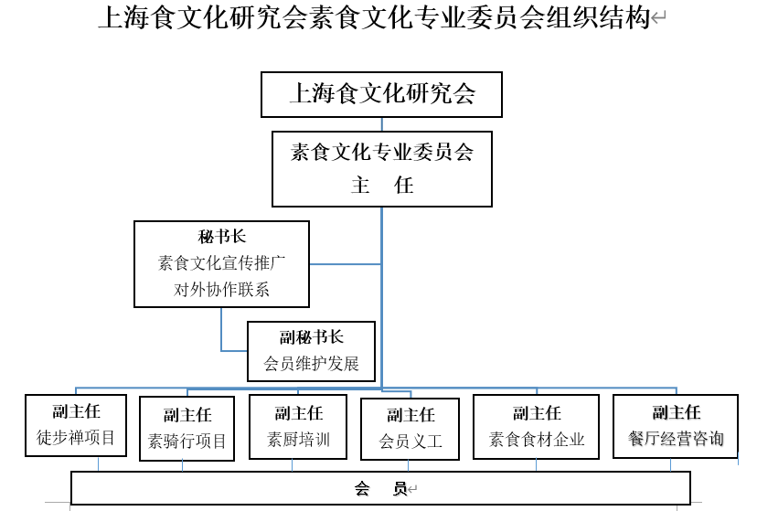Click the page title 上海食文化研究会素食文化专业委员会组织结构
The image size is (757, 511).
point(375,17)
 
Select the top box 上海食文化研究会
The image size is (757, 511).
point(381,94)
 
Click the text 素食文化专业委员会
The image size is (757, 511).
point(382,152)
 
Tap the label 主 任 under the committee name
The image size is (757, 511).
point(382,185)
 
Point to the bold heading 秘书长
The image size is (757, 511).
point(221,237)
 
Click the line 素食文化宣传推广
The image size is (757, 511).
point(221,263)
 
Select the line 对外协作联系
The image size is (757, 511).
point(221,290)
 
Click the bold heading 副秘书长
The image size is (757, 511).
point(312,336)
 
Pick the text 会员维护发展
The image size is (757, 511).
point(312,363)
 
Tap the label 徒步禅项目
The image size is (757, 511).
point(76,438)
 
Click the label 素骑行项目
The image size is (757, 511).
point(187,441)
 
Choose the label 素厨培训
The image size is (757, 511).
point(298,439)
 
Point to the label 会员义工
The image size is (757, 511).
point(410,441)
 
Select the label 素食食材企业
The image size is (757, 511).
point(537,439)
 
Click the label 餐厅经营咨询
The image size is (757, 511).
point(676,438)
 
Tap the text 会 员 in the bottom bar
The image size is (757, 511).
point(381,489)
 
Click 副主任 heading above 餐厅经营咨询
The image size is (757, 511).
point(676,412)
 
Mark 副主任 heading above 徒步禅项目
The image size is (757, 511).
point(76,411)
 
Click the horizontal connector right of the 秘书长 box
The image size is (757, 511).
point(346,264)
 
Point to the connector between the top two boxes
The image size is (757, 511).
point(382,124)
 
